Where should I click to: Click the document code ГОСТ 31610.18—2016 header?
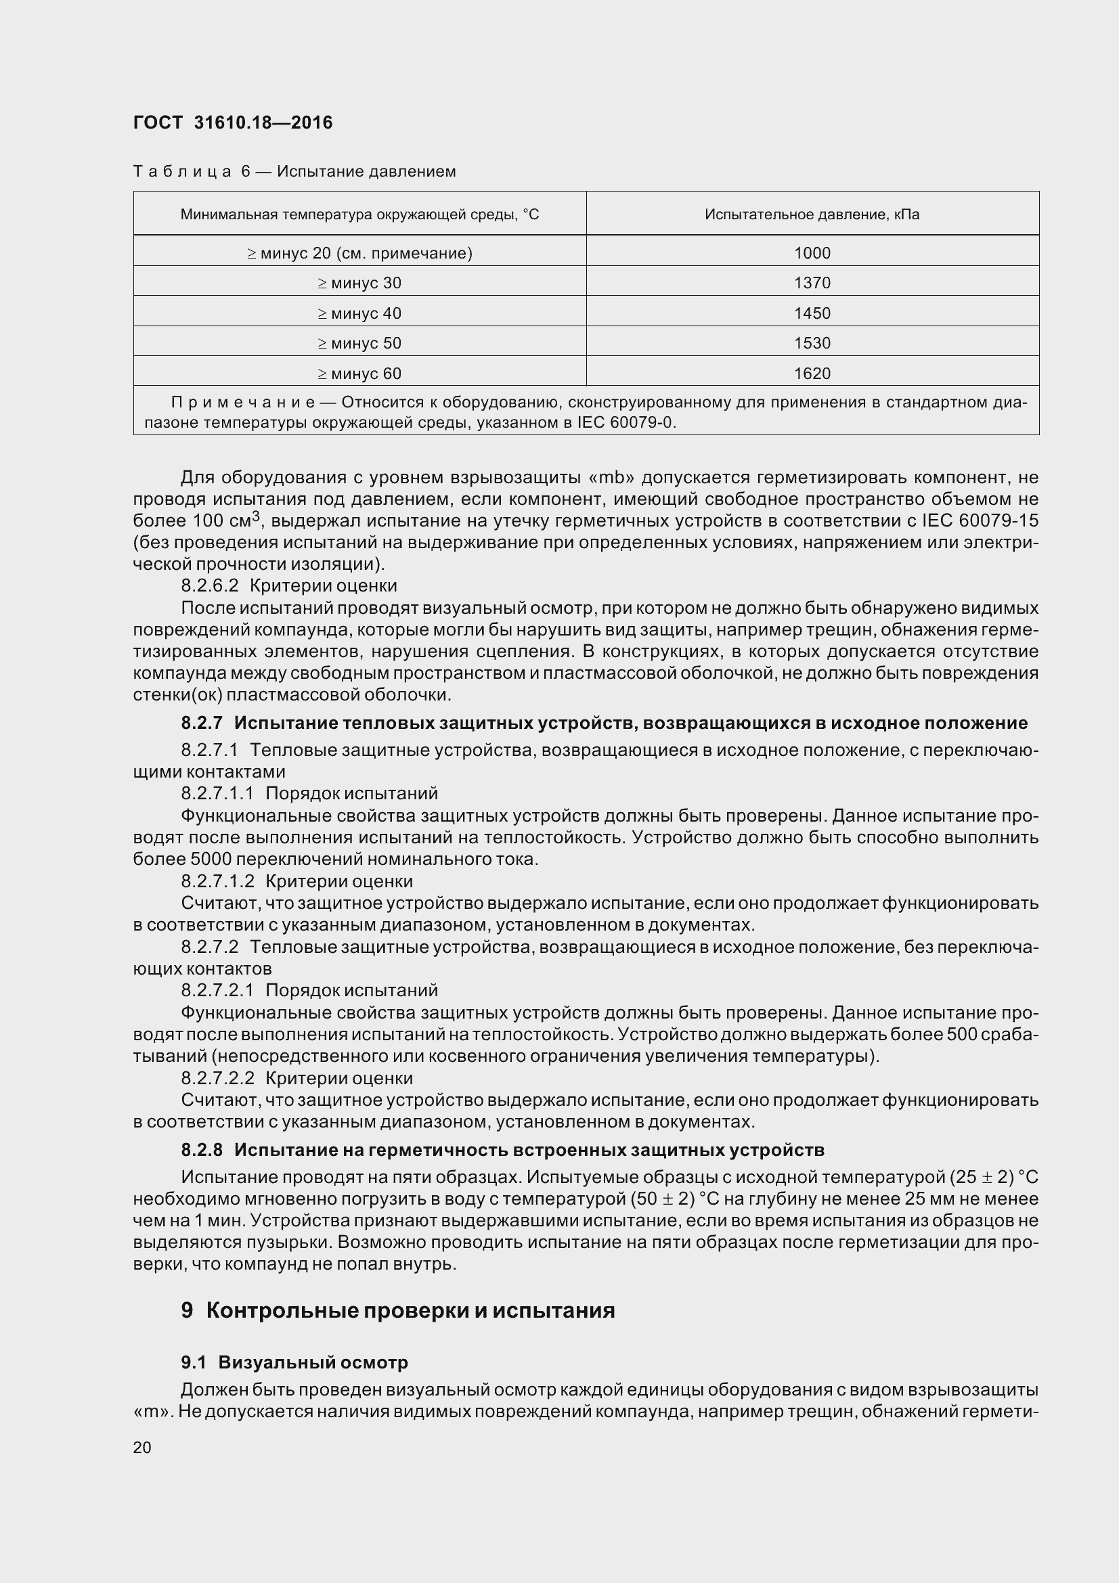point(232,122)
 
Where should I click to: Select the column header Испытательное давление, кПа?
point(812,215)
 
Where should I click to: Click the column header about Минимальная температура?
point(359,215)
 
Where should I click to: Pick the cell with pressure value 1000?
point(812,253)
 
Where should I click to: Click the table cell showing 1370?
point(812,283)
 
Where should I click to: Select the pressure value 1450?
point(812,313)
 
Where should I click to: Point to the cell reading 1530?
point(812,343)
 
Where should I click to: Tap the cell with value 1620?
point(812,374)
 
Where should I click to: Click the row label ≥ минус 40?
point(359,313)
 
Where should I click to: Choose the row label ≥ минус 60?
point(359,374)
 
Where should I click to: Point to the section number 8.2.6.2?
point(210,586)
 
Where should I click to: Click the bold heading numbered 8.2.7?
point(603,723)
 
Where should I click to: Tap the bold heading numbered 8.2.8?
point(502,1150)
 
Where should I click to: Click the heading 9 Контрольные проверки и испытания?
point(398,1310)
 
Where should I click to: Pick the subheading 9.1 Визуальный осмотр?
point(294,1362)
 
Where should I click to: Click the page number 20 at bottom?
point(142,1447)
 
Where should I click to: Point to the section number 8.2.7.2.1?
point(217,991)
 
